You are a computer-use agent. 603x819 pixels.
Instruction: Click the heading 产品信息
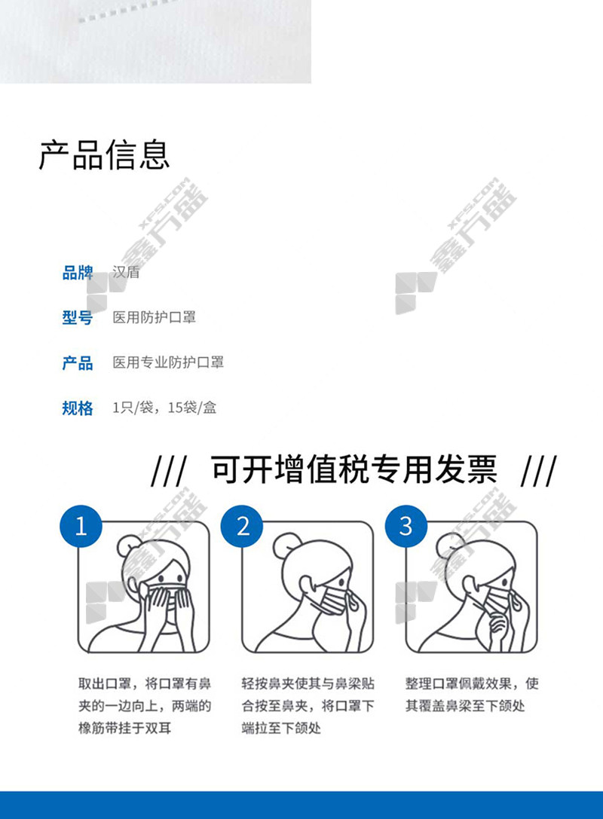(x=105, y=155)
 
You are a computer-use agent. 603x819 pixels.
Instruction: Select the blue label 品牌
(x=78, y=273)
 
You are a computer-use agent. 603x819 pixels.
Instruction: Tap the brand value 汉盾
(x=126, y=272)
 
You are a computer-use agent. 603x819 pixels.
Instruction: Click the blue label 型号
(x=78, y=317)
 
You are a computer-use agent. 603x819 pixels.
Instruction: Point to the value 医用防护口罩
(x=155, y=317)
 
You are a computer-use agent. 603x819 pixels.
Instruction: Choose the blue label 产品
(x=78, y=362)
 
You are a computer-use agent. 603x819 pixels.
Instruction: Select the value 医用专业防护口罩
(x=168, y=362)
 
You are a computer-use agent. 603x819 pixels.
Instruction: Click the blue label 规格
(x=78, y=408)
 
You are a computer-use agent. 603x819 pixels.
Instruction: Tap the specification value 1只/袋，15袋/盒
(x=164, y=408)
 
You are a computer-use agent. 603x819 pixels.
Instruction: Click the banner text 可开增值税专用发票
(x=354, y=469)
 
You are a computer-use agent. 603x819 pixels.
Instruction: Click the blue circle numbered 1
(x=81, y=526)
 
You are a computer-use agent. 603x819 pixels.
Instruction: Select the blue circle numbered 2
(x=242, y=526)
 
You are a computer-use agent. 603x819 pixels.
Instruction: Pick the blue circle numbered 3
(x=406, y=526)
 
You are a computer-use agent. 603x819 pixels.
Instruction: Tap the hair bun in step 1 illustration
(x=128, y=545)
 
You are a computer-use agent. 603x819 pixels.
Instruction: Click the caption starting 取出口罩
(x=145, y=706)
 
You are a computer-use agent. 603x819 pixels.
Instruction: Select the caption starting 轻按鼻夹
(x=308, y=706)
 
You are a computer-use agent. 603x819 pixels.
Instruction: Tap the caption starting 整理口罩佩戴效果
(x=472, y=695)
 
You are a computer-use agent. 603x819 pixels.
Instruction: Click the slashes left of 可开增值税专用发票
(x=168, y=470)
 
